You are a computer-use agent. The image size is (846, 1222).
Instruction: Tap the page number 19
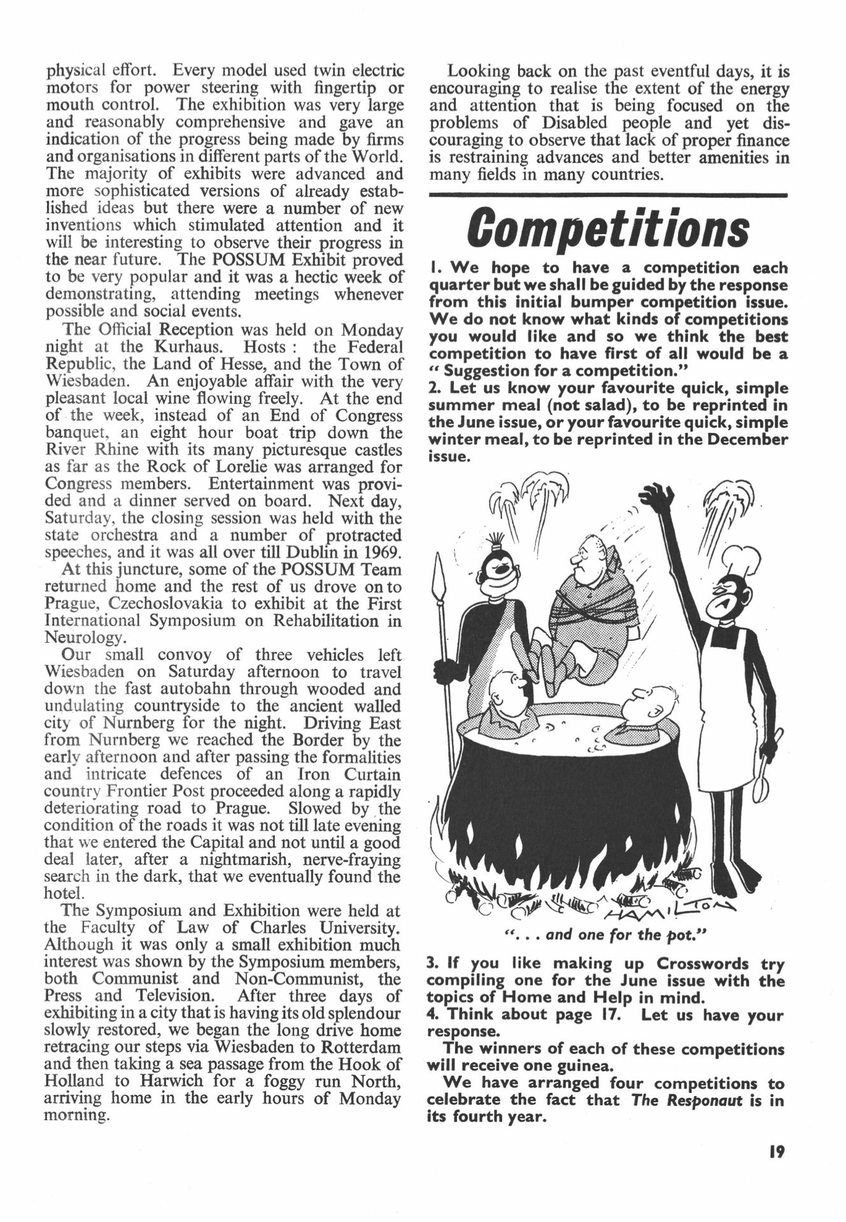click(x=775, y=1151)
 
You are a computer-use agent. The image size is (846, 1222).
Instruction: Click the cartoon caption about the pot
click(x=605, y=935)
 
